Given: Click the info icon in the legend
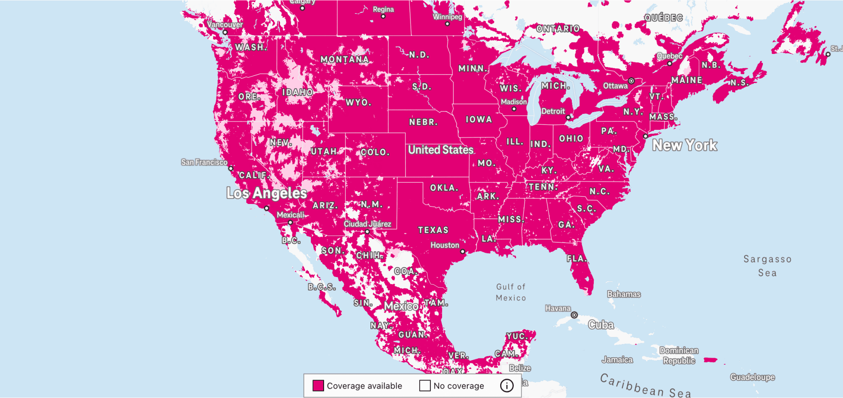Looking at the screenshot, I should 507,385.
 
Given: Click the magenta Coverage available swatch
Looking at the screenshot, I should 318,385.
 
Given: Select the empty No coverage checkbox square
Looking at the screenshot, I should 425,385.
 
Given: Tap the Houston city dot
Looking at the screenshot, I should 463,251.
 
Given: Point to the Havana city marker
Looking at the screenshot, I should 574,315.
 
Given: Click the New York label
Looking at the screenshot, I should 685,145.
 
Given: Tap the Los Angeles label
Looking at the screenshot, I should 266,193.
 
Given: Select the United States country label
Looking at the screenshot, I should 441,150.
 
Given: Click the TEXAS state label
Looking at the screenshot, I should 433,230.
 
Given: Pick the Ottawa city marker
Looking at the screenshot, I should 631,81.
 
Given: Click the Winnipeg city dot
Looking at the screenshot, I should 447,23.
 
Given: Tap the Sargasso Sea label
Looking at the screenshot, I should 767,266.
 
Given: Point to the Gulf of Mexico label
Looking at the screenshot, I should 511,292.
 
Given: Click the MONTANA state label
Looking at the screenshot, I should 345,60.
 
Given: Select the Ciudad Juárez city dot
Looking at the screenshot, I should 368,232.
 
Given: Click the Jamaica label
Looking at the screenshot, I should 617,360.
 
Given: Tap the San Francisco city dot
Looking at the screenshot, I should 230,168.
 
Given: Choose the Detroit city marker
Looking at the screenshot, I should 568,117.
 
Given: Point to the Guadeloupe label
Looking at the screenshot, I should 752,377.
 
